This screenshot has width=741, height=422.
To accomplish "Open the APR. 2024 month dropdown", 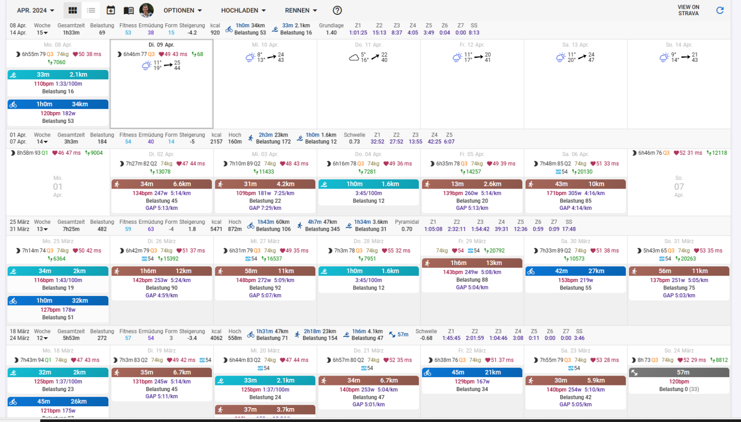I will click(x=35, y=10).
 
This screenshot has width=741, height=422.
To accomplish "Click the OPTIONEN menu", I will click(x=182, y=10).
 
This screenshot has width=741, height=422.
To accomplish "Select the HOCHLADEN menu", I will click(x=243, y=10).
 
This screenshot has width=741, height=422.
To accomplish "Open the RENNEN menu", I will click(x=301, y=10).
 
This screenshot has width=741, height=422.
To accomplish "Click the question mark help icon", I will click(x=338, y=10).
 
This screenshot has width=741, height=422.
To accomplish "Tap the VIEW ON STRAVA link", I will click(x=688, y=10).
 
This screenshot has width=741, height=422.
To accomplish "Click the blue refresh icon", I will click(x=720, y=10).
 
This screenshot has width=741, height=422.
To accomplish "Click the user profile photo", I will click(x=146, y=10).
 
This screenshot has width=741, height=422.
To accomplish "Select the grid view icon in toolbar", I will click(x=73, y=10).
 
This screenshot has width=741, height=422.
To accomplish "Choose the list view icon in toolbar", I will click(x=91, y=10).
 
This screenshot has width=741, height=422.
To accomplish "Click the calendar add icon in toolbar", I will click(x=111, y=10).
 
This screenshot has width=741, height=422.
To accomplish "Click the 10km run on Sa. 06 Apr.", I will click(x=575, y=184).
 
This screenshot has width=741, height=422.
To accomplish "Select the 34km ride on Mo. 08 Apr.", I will click(x=58, y=104).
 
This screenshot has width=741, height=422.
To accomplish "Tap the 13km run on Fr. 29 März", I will click(x=472, y=263).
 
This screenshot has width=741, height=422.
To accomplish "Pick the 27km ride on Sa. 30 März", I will click(x=575, y=271).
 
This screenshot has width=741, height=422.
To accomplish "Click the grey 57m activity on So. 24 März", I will click(x=679, y=372).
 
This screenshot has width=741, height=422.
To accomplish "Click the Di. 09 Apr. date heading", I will click(x=161, y=45).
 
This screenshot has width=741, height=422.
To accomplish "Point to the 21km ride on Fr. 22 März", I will click(x=472, y=372).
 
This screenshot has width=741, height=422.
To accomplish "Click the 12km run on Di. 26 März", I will click(x=161, y=271).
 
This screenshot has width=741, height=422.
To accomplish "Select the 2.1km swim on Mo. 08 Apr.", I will click(x=58, y=75).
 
